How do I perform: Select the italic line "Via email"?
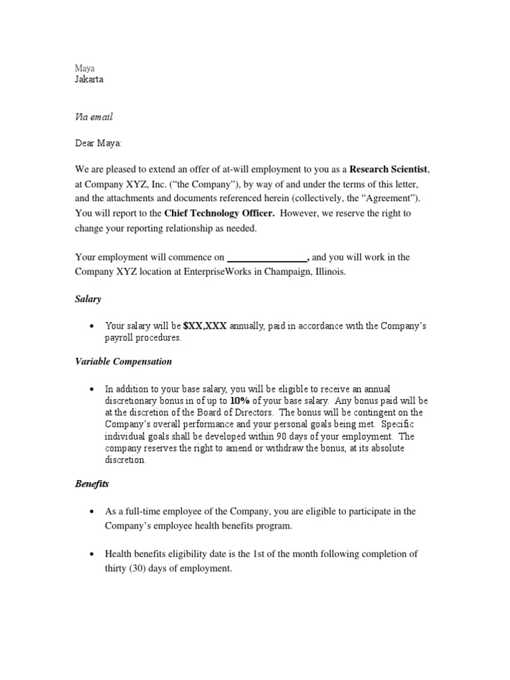pyautogui.click(x=93, y=117)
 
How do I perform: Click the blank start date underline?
pyautogui.click(x=267, y=258)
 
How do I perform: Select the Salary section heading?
pyautogui.click(x=88, y=299)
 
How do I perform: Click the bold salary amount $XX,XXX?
pyautogui.click(x=205, y=325)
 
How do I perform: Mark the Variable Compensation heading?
pyautogui.click(x=123, y=361)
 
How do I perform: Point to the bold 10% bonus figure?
pyautogui.click(x=239, y=400)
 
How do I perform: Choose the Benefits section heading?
pyautogui.click(x=92, y=484)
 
